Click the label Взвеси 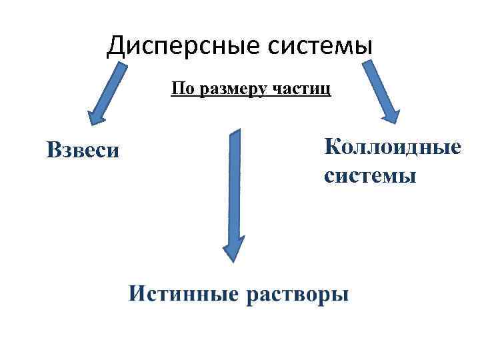(x=83, y=149)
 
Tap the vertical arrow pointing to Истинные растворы (x=234, y=193)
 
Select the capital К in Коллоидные (x=332, y=146)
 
